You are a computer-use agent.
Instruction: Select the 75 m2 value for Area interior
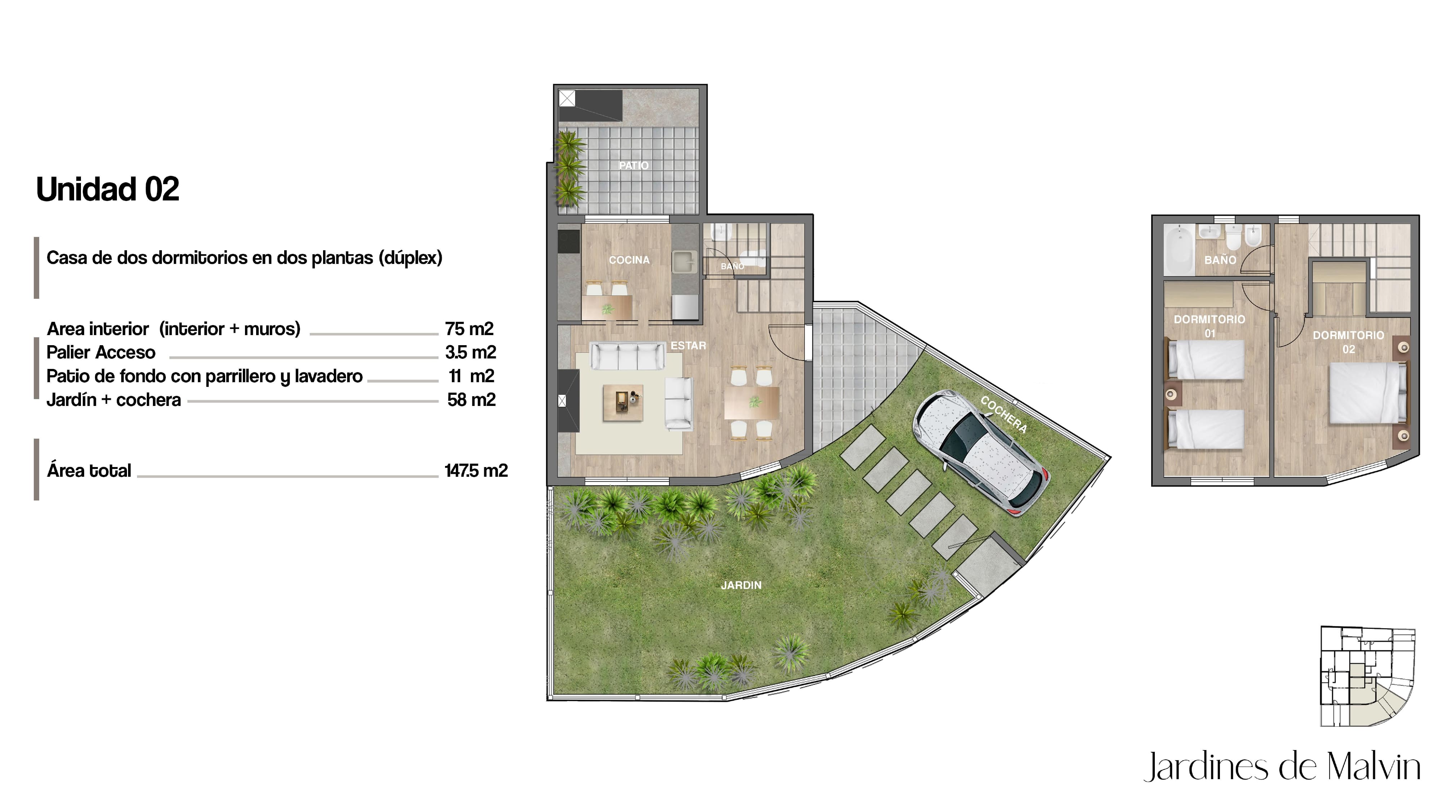[469, 329]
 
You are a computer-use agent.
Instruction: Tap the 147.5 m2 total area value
[476, 471]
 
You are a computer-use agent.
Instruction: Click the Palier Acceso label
[101, 352]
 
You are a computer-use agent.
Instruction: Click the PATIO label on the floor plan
[634, 165]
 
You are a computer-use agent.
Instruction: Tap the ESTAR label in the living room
[688, 346]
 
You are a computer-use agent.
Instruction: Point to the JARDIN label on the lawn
[741, 585]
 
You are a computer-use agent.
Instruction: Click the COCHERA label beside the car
[1004, 414]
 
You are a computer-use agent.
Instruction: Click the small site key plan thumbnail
[1367, 676]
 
